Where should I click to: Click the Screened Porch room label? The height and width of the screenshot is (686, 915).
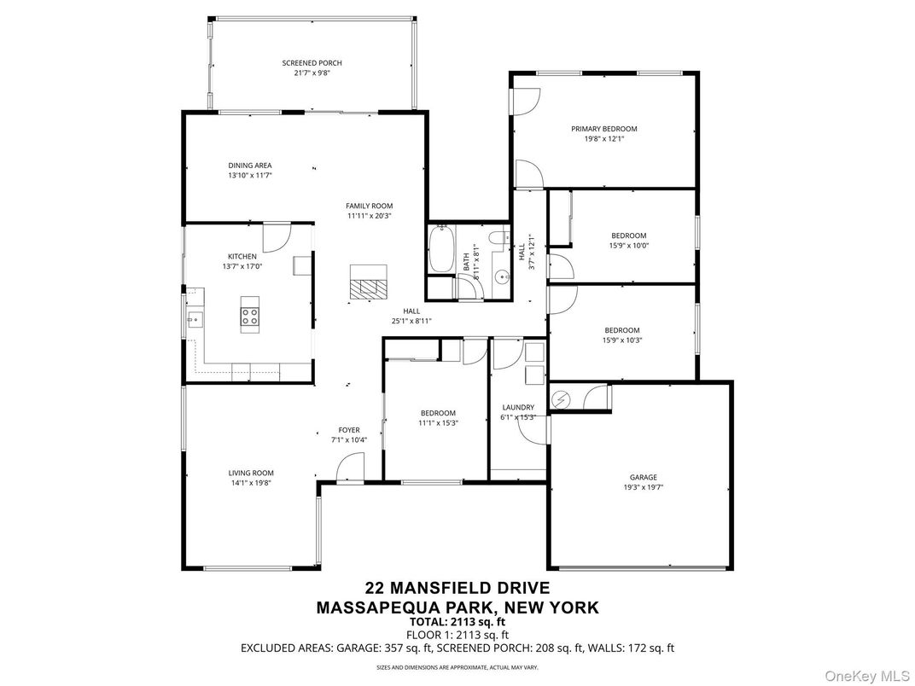coord(312,63)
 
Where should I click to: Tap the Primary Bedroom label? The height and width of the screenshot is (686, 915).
coord(603,129)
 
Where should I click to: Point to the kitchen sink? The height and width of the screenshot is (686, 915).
coord(194,321)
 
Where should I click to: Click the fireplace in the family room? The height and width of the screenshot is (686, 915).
coord(368,280)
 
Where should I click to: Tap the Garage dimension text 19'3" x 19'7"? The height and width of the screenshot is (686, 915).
coord(644,488)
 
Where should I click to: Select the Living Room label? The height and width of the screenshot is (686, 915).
coord(250,473)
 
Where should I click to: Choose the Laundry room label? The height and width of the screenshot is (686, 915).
coord(518,407)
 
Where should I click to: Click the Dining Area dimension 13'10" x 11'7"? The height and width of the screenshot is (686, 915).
coord(250,176)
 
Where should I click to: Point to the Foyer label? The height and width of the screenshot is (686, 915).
coord(348,430)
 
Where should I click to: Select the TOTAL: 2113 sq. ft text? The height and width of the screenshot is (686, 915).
coord(457,622)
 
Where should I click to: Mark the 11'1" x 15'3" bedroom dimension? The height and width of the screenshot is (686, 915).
coord(438,422)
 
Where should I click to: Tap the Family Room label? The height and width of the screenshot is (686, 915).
coord(369,206)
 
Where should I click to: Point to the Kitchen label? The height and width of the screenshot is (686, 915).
coord(242,256)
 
